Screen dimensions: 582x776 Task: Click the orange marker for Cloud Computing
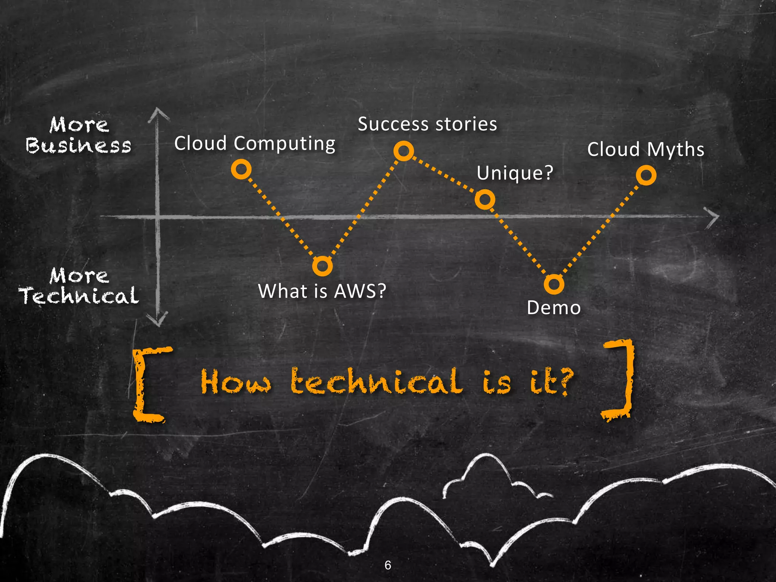[x=241, y=169]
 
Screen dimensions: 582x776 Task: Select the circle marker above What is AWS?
[x=322, y=266]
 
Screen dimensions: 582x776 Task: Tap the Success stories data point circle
[x=404, y=151]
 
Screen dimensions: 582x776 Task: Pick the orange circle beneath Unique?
[x=485, y=199]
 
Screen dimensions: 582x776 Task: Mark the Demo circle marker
[x=554, y=284]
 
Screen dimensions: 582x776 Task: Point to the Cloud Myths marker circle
[x=646, y=175]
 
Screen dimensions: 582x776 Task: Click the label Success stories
[x=427, y=124]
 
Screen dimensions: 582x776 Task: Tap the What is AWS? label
[x=322, y=291]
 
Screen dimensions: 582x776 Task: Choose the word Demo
[x=554, y=308]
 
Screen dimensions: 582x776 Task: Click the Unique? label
[x=515, y=173]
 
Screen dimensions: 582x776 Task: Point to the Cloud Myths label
[x=646, y=149]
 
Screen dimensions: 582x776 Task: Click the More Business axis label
[x=79, y=135]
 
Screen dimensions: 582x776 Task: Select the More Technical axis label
[x=79, y=286]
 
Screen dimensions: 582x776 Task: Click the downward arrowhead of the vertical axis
[x=158, y=320]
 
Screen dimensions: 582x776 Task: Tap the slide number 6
[x=388, y=565]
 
